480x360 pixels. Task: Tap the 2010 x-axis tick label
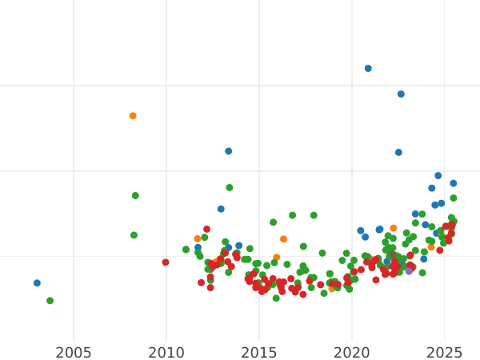pyautogui.click(x=166, y=353)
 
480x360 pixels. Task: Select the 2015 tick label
pyautogui.click(x=259, y=353)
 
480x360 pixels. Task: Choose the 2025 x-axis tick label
pyautogui.click(x=445, y=353)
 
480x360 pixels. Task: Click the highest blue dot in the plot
pyautogui.click(x=368, y=69)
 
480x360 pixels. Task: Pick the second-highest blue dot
pyautogui.click(x=401, y=94)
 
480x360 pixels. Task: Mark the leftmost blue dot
pyautogui.click(x=37, y=283)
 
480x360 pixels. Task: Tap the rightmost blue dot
pyautogui.click(x=453, y=183)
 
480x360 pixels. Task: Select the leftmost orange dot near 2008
pyautogui.click(x=133, y=116)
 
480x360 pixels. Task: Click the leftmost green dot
pyautogui.click(x=50, y=301)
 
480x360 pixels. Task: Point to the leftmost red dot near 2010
pyautogui.click(x=166, y=262)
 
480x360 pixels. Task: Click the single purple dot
pyautogui.click(x=409, y=271)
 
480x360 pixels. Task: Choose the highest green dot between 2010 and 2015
pyautogui.click(x=229, y=188)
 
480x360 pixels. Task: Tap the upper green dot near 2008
pyautogui.click(x=135, y=195)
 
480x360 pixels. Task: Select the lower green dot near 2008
pyautogui.click(x=134, y=235)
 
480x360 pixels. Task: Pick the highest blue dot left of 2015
pyautogui.click(x=228, y=151)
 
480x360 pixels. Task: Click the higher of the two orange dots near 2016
pyautogui.click(x=283, y=239)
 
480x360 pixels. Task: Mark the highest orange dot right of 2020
pyautogui.click(x=393, y=229)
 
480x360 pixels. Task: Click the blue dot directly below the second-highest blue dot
pyautogui.click(x=398, y=153)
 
